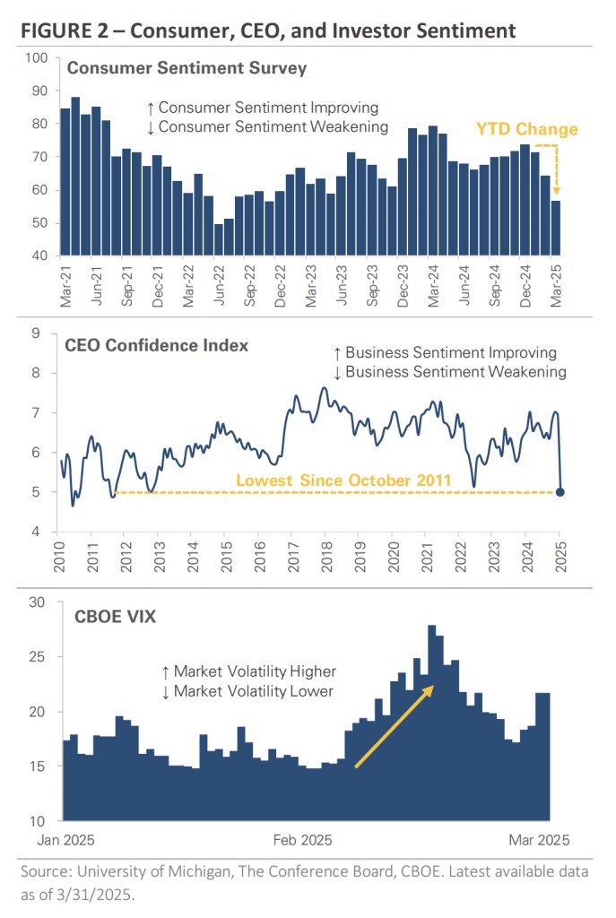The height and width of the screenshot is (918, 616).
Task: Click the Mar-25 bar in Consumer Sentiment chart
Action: (x=557, y=229)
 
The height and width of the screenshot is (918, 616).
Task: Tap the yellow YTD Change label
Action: (x=527, y=130)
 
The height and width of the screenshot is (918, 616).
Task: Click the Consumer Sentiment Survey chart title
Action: (x=187, y=68)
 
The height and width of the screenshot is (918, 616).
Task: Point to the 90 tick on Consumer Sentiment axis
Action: (x=40, y=91)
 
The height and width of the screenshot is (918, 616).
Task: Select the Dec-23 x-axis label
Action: (x=403, y=286)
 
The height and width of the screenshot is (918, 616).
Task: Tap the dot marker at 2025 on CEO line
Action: (x=560, y=491)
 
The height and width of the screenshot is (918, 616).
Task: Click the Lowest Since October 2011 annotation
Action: (x=343, y=481)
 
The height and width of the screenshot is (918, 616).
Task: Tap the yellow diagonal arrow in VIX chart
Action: (x=395, y=726)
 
